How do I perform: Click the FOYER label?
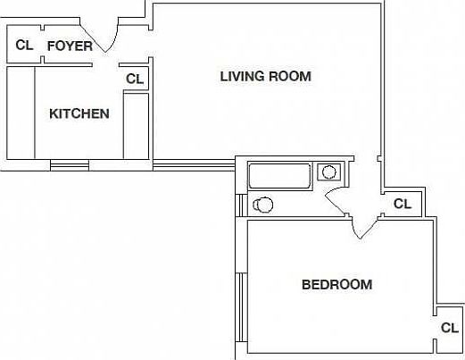point(69,46)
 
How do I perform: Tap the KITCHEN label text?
point(79,113)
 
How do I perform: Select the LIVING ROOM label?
point(265,77)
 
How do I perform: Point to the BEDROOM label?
point(336,285)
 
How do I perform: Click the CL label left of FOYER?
point(24,45)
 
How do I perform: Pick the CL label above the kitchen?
point(135,79)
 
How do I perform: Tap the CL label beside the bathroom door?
point(403,204)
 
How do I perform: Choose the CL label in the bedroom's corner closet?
point(449,328)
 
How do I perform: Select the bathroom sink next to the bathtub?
point(330,172)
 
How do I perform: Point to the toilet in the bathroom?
point(262,205)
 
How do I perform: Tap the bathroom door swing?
point(337,201)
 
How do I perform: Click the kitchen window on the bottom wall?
point(70,164)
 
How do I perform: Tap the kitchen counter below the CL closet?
point(136,124)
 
